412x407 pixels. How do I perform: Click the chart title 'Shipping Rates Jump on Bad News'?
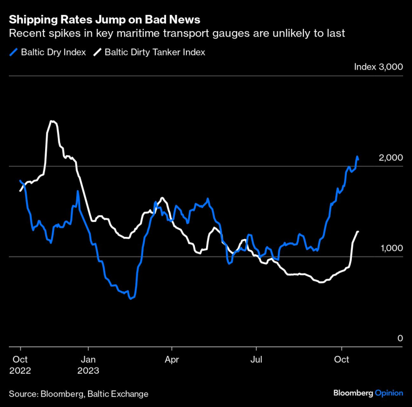tap(104, 20)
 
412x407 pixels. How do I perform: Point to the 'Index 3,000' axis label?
tap(378, 67)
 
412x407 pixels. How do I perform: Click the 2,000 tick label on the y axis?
tap(390, 158)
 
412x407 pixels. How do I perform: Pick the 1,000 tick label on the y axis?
tap(390, 248)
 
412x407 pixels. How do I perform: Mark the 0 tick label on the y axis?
tap(399, 339)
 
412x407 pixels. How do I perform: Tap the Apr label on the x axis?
tap(172, 360)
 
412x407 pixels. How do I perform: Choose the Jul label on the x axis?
tap(256, 360)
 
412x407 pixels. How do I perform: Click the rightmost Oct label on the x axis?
tap(341, 360)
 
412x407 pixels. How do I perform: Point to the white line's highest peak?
tap(51, 121)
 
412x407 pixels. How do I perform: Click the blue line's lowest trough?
tap(130, 299)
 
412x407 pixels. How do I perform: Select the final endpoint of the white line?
tap(358, 231)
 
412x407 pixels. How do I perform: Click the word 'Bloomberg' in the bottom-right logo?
tap(353, 393)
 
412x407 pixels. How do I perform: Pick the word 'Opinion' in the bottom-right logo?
tap(389, 393)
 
